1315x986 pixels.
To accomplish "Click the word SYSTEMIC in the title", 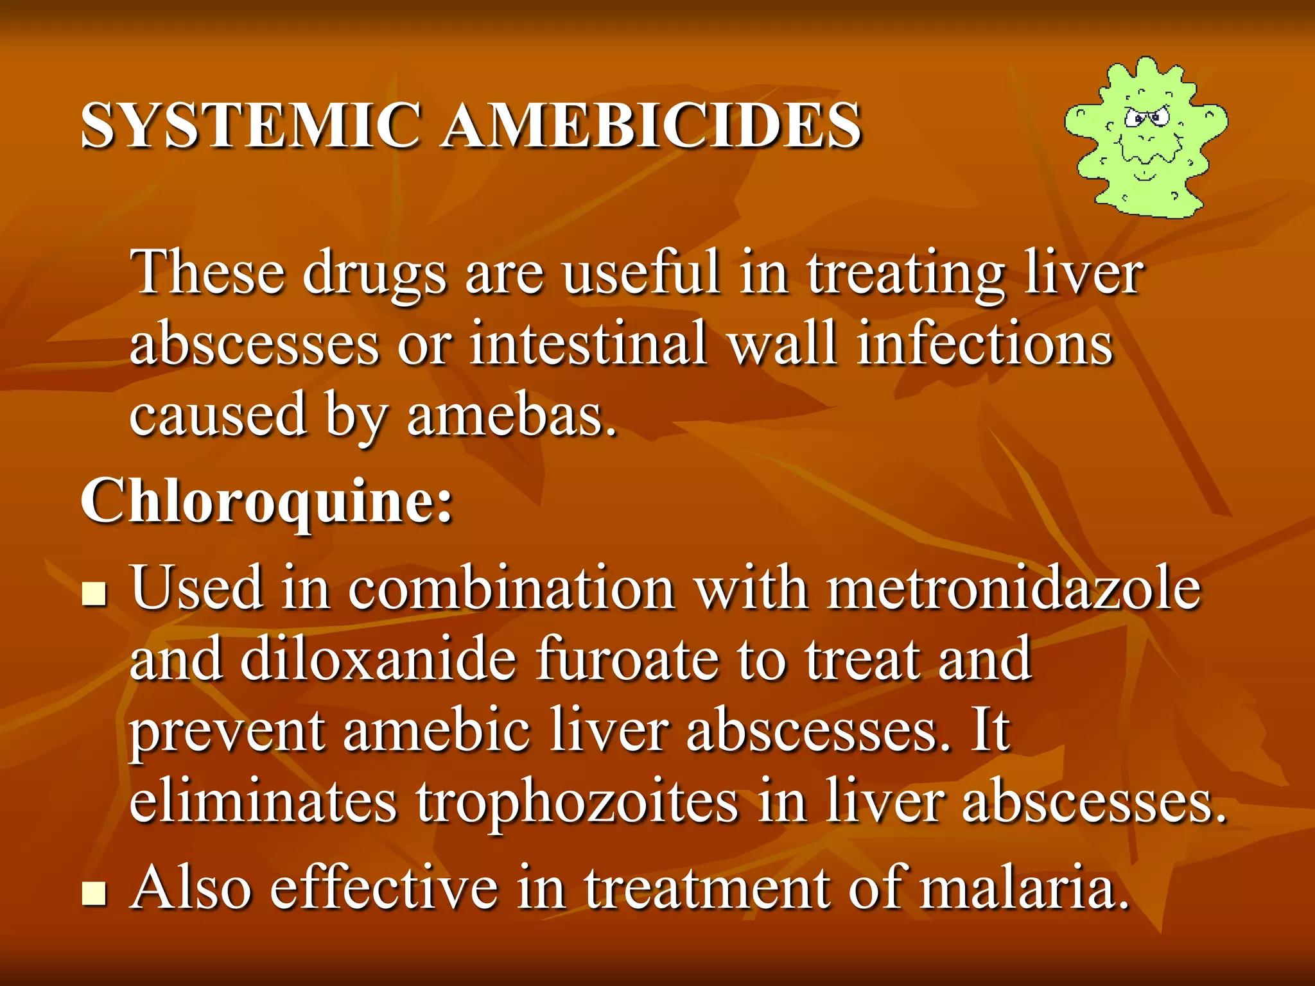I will (x=251, y=125).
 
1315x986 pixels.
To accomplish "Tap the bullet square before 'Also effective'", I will (x=94, y=894).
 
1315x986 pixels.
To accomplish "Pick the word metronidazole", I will (x=1013, y=588).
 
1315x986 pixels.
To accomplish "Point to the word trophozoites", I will (x=577, y=801).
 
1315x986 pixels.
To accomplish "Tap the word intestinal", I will (x=588, y=343).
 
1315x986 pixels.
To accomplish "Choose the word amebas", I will (x=511, y=415).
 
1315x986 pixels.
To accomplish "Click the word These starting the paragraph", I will (x=207, y=272).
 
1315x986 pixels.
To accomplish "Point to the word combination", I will (x=510, y=588).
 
